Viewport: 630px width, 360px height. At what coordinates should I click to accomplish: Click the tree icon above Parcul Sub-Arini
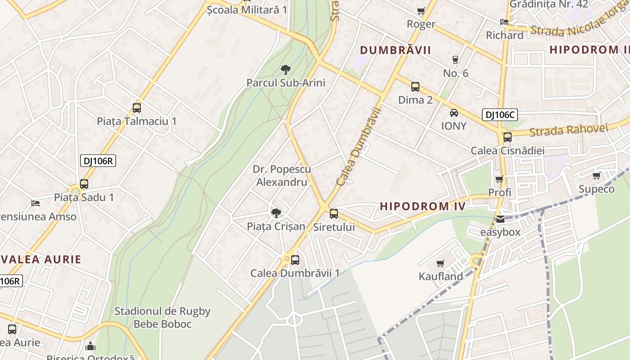[x=285, y=69]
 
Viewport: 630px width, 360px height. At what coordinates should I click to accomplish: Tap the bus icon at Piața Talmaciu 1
[x=137, y=108]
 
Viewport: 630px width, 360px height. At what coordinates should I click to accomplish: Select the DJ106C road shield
[x=500, y=115]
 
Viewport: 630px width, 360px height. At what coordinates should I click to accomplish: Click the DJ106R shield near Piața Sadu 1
[x=99, y=161]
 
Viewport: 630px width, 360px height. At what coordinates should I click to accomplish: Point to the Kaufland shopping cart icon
[x=440, y=263]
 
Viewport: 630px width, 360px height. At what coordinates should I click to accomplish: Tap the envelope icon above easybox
[x=500, y=220]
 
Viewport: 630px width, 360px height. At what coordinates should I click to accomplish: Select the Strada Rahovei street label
[x=568, y=130]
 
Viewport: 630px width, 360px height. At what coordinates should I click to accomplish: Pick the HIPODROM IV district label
[x=423, y=207]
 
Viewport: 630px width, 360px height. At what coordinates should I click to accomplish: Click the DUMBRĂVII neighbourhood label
[x=396, y=50]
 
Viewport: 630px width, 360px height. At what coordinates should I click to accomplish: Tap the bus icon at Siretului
[x=334, y=214]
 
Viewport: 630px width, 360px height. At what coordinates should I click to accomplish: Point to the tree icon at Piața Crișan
[x=276, y=213]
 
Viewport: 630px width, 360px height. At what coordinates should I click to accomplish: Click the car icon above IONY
[x=454, y=113]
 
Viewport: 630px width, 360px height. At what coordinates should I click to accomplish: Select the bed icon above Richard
[x=504, y=22]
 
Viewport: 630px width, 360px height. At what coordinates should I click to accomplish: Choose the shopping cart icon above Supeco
[x=596, y=175]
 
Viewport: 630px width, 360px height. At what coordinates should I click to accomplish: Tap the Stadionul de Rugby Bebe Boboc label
[x=162, y=317]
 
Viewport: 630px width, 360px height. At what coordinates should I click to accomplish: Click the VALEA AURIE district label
[x=41, y=259]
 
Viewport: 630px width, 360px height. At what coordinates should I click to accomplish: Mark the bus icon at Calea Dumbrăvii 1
[x=295, y=260]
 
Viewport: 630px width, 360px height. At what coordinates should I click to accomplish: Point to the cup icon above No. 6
[x=455, y=60]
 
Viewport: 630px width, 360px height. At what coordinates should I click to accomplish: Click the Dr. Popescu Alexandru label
[x=282, y=175]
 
